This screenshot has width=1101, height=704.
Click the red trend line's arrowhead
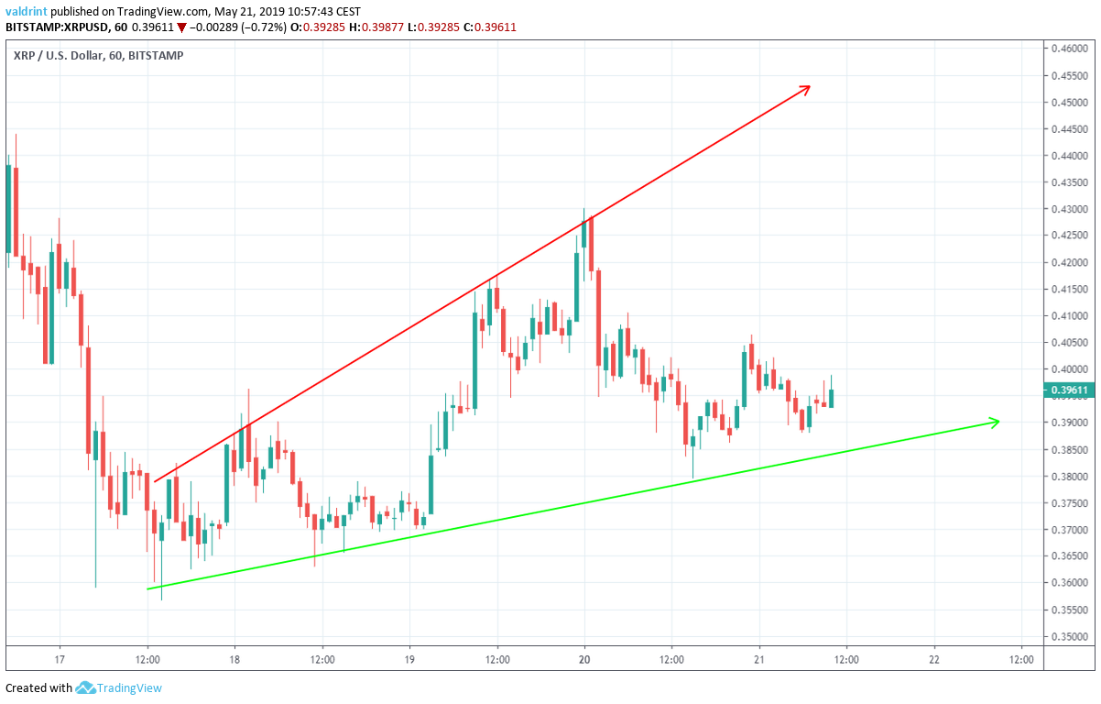[x=807, y=88]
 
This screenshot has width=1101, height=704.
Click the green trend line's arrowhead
[x=995, y=422]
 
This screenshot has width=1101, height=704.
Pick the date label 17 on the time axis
[x=60, y=659]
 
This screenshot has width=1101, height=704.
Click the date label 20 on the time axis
[x=584, y=659]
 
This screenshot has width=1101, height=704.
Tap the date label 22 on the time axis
[x=934, y=659]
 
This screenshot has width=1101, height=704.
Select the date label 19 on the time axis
[x=409, y=659]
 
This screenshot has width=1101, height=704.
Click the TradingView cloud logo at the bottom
[x=86, y=687]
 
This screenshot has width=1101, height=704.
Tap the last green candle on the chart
[x=831, y=397]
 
